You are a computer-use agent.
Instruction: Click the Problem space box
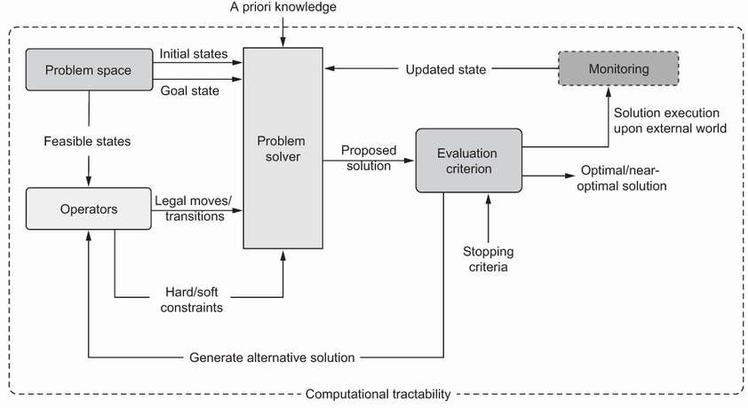click(88, 68)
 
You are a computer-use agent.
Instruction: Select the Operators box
click(88, 208)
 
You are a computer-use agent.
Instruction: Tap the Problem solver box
click(282, 149)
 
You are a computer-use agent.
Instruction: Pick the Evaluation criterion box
click(468, 160)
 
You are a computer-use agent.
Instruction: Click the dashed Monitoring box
click(617, 68)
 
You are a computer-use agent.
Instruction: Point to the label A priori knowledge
click(282, 8)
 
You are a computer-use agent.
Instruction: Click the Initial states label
click(193, 53)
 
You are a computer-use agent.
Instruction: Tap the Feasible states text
click(89, 141)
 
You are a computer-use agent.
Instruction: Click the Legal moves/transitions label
click(193, 208)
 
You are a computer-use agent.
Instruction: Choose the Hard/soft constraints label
click(194, 300)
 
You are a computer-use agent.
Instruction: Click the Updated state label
click(446, 69)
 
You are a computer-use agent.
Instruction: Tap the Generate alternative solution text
click(272, 357)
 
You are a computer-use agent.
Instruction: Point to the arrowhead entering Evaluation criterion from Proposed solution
click(410, 161)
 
